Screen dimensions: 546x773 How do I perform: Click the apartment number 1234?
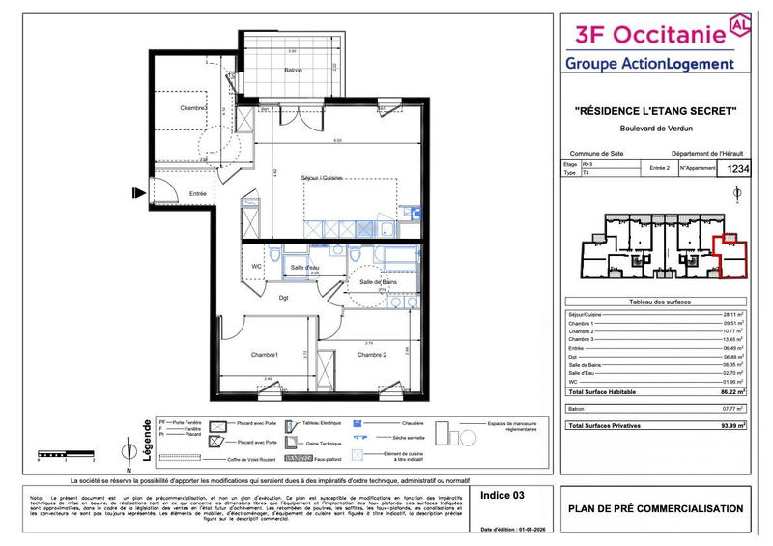[x=737, y=169]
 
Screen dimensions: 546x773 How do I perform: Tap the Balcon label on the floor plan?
[x=293, y=70]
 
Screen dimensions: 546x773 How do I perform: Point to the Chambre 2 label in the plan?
[x=372, y=355]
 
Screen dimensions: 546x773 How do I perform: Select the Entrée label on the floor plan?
[x=197, y=193]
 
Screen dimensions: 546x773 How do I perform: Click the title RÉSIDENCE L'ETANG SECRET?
[x=656, y=112]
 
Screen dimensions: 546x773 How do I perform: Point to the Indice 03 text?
[x=502, y=495]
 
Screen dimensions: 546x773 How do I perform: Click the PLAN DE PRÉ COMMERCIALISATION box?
[x=656, y=509]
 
